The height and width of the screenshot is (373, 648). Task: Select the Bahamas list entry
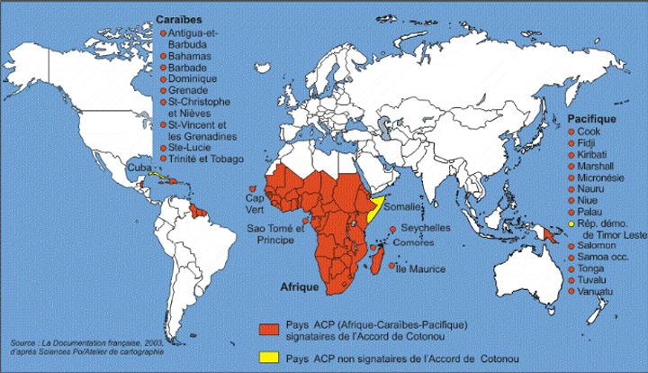189,55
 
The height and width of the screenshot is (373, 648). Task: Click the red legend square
267,329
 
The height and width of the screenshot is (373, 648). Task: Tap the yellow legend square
267,357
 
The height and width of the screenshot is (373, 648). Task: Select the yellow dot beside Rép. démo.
571,223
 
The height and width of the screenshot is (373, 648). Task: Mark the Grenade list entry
188,90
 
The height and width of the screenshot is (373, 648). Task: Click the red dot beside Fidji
571,143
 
